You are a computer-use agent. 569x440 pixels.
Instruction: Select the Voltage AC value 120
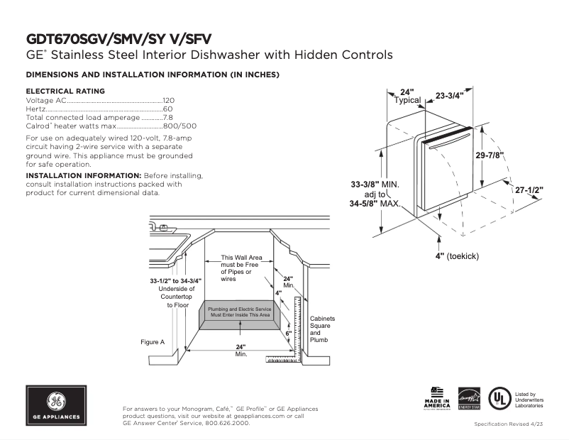(169, 100)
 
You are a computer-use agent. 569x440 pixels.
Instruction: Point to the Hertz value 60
(168, 109)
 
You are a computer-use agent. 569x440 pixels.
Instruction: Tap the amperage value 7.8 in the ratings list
(168, 117)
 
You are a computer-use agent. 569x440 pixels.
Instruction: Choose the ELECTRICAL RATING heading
(65, 91)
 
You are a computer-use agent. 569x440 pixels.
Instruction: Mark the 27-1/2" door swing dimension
(529, 191)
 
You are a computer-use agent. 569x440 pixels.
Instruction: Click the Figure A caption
(152, 342)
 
